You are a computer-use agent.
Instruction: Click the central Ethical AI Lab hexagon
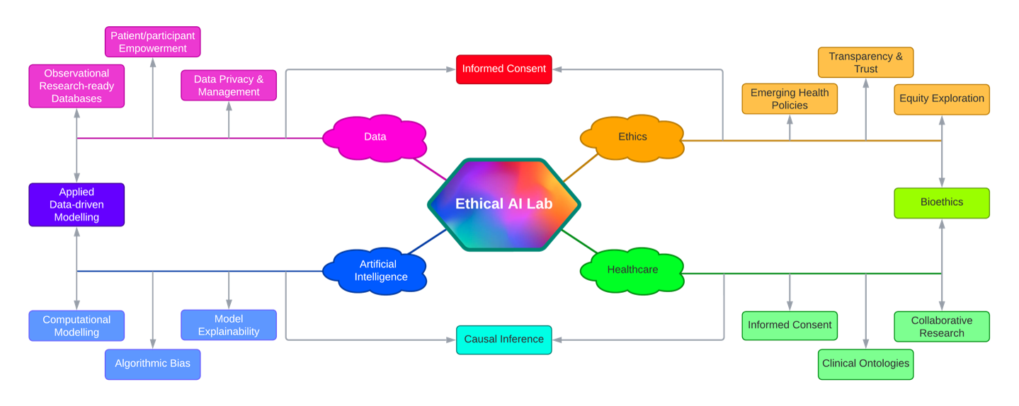pyautogui.click(x=503, y=204)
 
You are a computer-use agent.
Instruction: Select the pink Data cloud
pyautogui.click(x=375, y=137)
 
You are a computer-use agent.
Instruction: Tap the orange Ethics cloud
pyautogui.click(x=632, y=137)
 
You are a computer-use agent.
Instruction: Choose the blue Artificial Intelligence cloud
pyautogui.click(x=375, y=270)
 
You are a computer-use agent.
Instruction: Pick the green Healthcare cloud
pyautogui.click(x=632, y=269)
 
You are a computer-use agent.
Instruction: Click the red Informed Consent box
pyautogui.click(x=503, y=69)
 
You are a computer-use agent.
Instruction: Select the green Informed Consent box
pyautogui.click(x=790, y=325)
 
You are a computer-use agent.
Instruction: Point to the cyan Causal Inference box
pyautogui.click(x=503, y=340)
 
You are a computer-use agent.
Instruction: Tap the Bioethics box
pyautogui.click(x=941, y=202)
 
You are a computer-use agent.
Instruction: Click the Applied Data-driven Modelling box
pyautogui.click(x=76, y=204)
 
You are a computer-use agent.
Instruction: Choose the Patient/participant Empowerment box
pyautogui.click(x=152, y=42)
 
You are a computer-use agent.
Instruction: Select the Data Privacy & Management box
pyautogui.click(x=229, y=86)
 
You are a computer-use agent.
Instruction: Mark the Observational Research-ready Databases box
pyautogui.click(x=76, y=86)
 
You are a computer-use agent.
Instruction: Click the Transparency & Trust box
pyautogui.click(x=865, y=62)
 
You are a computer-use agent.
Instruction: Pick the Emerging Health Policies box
pyautogui.click(x=790, y=99)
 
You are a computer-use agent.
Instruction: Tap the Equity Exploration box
pyautogui.click(x=941, y=99)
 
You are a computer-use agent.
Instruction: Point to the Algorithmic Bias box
pyautogui.click(x=152, y=364)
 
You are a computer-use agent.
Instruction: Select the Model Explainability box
pyautogui.click(x=229, y=325)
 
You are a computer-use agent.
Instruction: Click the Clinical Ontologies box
pyautogui.click(x=865, y=364)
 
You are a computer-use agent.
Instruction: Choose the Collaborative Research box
pyautogui.click(x=941, y=326)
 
